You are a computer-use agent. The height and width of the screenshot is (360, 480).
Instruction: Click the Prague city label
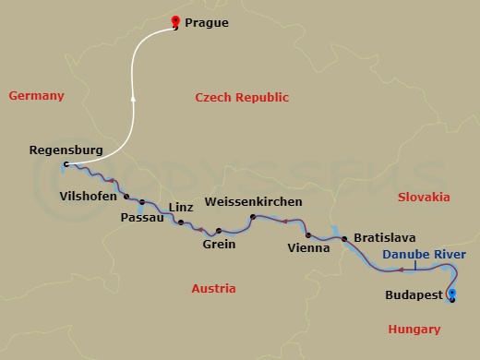click(207, 23)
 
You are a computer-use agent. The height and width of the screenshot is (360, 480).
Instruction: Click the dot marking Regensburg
click(66, 165)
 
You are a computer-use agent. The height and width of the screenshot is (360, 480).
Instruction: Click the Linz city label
click(182, 207)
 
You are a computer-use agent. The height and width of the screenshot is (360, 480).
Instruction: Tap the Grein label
click(219, 245)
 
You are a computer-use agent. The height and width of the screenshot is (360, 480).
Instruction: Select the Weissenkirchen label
click(253, 201)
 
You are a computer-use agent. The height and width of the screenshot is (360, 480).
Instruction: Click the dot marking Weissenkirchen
click(252, 217)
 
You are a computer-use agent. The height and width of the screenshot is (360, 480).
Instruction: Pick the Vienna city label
click(306, 247)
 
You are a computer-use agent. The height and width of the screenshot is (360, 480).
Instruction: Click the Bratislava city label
click(385, 237)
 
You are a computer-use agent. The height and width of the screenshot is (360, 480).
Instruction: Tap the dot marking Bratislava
click(345, 240)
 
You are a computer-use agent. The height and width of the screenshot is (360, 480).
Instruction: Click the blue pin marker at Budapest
click(450, 294)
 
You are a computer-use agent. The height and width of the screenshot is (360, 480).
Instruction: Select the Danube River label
click(426, 254)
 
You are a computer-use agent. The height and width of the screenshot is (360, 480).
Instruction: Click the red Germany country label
click(36, 96)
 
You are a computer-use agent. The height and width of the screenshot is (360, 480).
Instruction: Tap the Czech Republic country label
click(243, 98)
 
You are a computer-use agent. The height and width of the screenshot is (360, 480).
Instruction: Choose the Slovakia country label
click(424, 197)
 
